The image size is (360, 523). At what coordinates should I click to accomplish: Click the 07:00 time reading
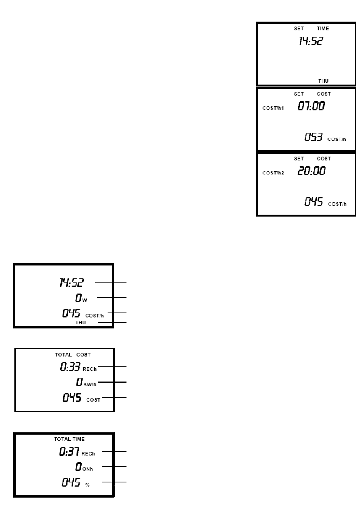pos(311,106)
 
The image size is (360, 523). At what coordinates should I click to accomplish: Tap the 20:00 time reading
pos(311,171)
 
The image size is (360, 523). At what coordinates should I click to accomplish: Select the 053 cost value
pos(313,137)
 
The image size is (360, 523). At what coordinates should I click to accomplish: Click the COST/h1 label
pos(273,108)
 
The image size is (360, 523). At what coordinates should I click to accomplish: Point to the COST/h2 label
pos(273,173)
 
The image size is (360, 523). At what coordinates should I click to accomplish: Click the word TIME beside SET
pos(323,28)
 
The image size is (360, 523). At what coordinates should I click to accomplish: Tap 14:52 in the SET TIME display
pos(310,41)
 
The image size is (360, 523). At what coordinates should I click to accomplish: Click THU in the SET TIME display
pos(323,81)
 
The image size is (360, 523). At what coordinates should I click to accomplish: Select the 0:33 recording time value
pos(70,367)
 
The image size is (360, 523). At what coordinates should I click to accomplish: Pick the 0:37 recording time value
pos(69,452)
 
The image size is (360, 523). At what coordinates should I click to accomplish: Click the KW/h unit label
pos(90,384)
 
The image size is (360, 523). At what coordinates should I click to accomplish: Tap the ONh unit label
pos(88,469)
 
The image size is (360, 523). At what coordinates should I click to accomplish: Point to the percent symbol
pos(88,485)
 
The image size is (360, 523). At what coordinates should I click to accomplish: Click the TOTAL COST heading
pos(73,355)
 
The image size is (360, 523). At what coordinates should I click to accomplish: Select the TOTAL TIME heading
pos(69,439)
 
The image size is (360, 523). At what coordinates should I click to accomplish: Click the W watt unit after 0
pos(85,300)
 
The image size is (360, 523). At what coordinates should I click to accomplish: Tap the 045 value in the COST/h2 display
pos(313,202)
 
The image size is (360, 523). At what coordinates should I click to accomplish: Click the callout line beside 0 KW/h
pos(113,382)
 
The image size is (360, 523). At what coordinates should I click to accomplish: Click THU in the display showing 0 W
pos(80,323)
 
